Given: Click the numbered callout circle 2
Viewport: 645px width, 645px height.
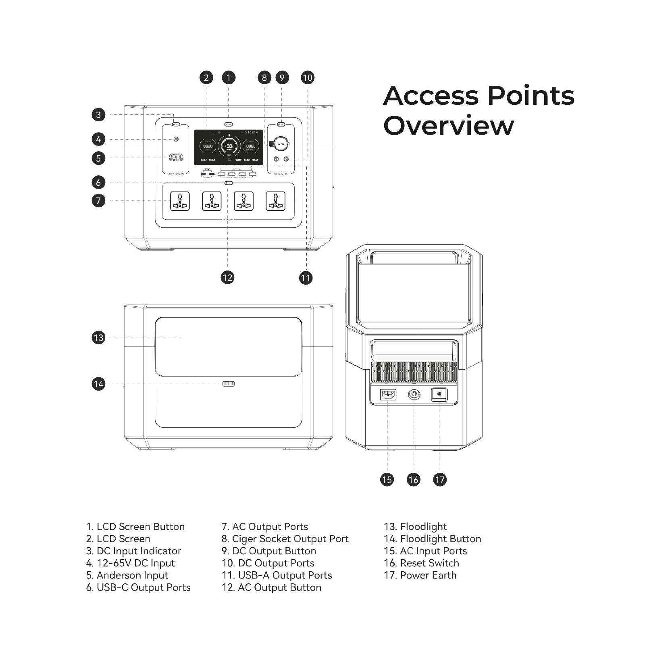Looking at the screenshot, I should [206, 78].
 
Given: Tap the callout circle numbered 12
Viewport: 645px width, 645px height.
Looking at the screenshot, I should [227, 277].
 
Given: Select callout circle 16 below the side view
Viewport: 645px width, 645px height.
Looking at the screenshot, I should [413, 479].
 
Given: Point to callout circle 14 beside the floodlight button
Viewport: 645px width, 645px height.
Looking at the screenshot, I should [98, 384].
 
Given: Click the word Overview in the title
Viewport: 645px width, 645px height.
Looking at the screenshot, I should [449, 125].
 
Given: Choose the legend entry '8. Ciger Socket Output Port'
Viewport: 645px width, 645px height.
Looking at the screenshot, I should [285, 539].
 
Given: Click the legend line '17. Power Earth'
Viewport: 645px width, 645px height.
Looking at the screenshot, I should [420, 575].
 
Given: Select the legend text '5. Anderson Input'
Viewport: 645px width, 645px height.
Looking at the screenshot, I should [127, 575].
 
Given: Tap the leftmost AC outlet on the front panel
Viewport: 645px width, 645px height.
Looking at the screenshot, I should [180, 201].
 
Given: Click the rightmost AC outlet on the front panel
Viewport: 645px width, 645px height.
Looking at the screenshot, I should [276, 201].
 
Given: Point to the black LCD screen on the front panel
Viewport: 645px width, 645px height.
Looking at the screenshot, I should [228, 147].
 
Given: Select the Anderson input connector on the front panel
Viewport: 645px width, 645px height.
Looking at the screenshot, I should [176, 158].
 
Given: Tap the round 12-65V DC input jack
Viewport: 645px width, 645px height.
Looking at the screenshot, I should [176, 139].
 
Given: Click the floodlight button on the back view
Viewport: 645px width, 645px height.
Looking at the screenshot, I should [229, 384].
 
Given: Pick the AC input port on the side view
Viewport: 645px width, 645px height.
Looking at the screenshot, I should [388, 394].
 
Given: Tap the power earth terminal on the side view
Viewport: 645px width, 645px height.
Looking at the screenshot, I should [439, 394].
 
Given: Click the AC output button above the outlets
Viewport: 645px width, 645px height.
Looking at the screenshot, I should [229, 183].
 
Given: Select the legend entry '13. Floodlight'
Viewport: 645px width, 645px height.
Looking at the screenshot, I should [415, 527].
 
